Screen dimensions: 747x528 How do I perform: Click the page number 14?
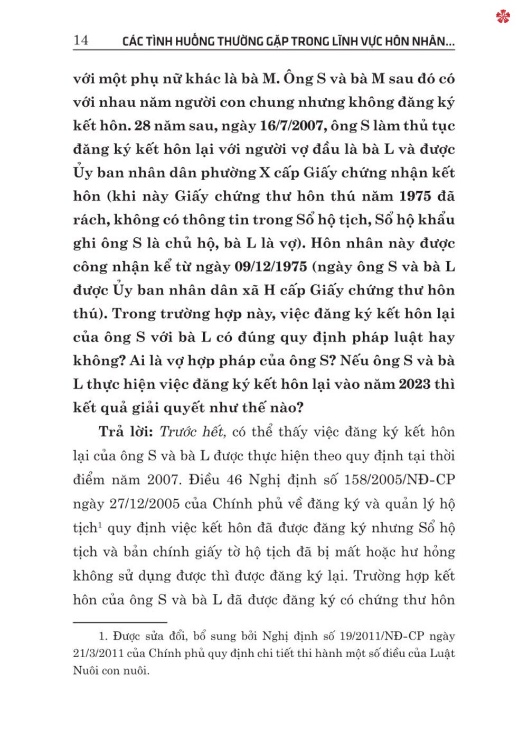click(81, 40)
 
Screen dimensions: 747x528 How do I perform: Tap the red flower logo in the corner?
click(503, 17)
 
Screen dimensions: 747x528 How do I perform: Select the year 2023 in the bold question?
click(414, 384)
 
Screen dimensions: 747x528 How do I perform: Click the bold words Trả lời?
click(126, 432)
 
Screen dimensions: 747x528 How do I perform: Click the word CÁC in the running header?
click(133, 41)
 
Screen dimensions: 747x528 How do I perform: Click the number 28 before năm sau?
click(143, 126)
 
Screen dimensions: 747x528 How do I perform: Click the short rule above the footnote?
click(120, 622)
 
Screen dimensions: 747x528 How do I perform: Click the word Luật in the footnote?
click(442, 653)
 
